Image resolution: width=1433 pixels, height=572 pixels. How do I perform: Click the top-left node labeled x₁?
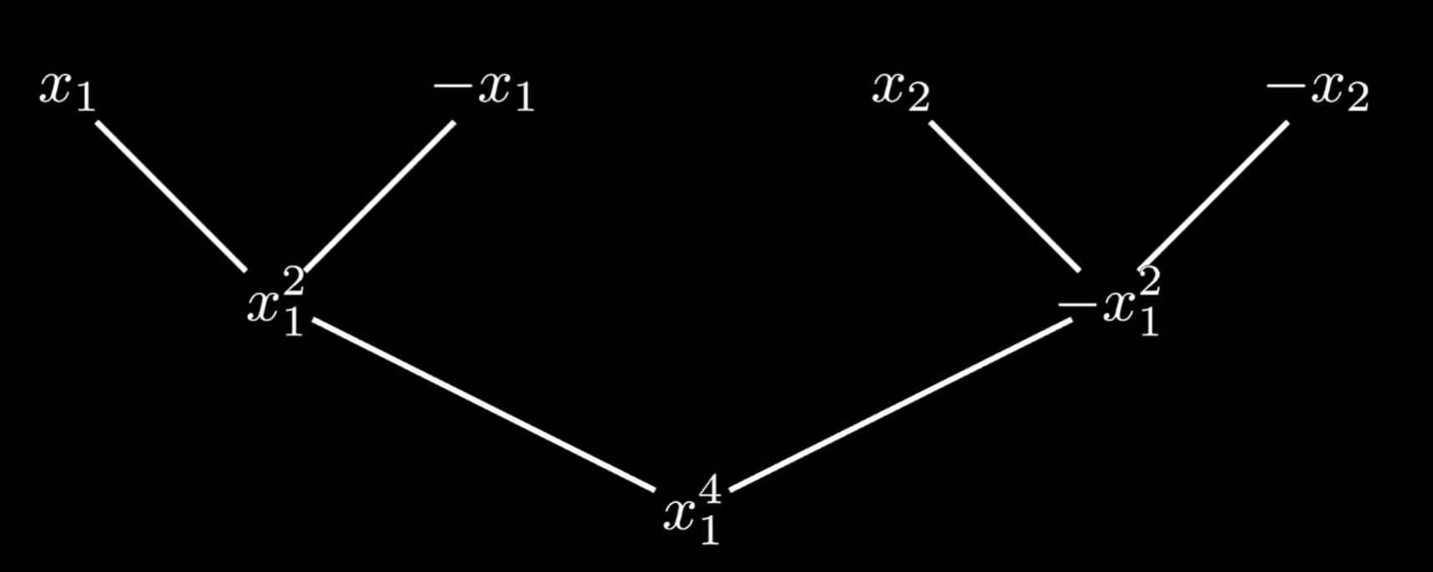67,90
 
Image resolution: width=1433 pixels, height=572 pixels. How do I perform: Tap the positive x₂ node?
900,90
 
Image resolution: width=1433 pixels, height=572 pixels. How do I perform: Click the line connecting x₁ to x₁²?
171,196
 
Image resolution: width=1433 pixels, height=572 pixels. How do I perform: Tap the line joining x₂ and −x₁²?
1005,196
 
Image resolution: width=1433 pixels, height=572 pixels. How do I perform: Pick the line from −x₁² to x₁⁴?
902,405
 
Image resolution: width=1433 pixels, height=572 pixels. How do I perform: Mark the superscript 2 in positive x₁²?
293,283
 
